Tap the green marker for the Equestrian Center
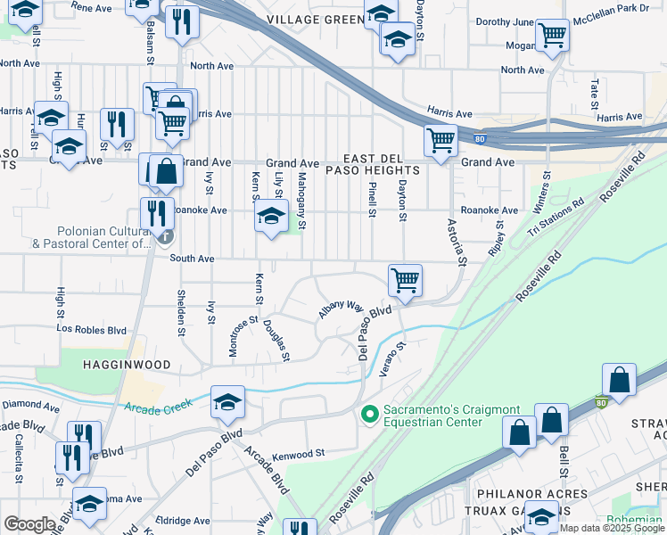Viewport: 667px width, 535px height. point(368,414)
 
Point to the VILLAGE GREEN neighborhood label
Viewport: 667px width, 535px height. point(317,19)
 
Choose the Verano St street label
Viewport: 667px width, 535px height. point(393,358)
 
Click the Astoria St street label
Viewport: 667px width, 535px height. point(457,243)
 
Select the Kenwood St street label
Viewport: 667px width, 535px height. point(299,454)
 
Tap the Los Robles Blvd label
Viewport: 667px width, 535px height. point(92,329)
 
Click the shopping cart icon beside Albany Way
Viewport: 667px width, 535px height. point(405,280)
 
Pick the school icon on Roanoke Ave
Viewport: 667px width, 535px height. point(272,216)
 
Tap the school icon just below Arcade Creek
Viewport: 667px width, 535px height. point(227,403)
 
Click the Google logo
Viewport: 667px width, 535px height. point(29,524)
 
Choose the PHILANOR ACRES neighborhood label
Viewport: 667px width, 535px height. point(531,493)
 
